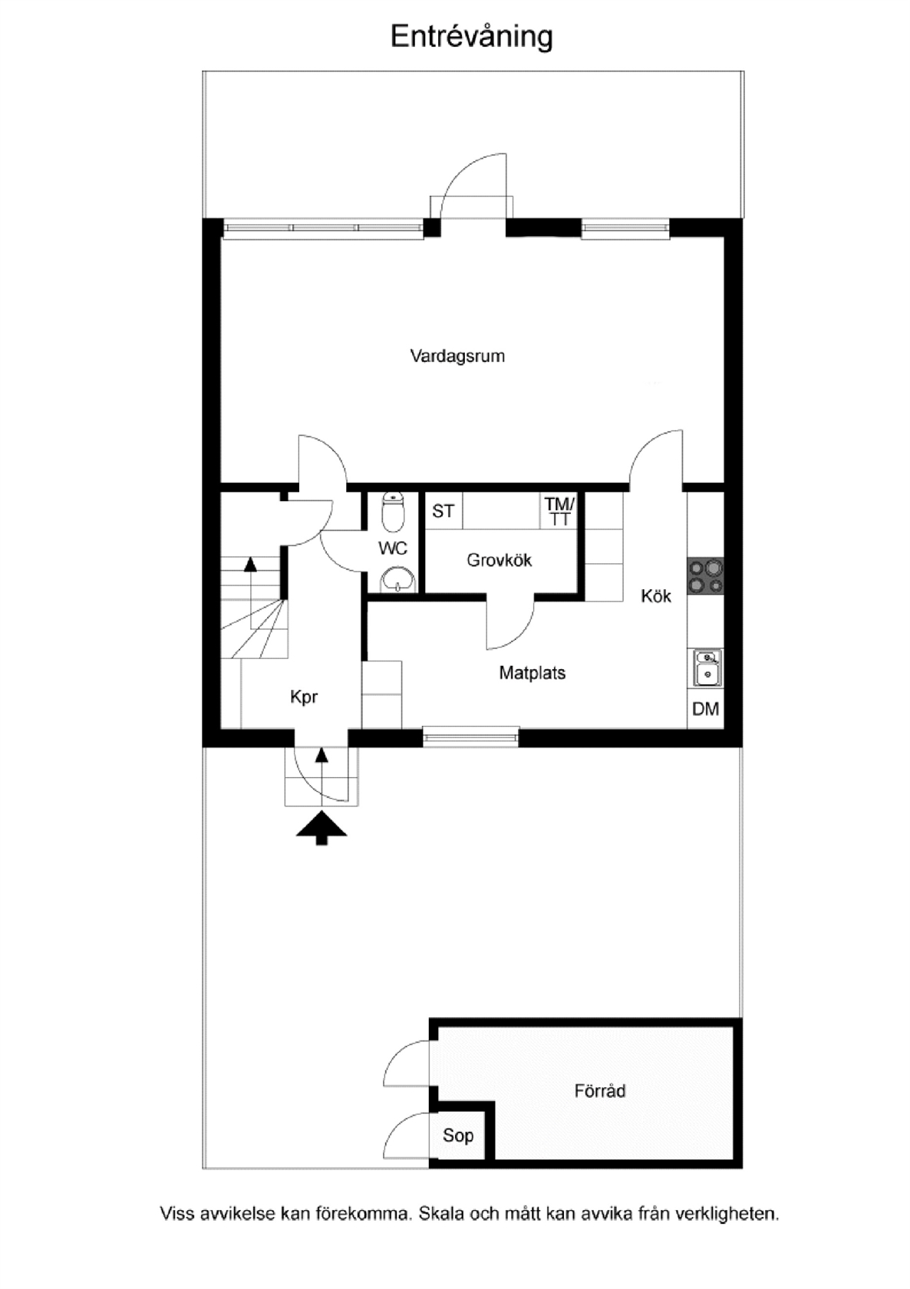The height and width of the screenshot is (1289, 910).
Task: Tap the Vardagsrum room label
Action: [x=457, y=356]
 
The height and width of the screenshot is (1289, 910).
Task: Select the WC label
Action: [x=393, y=549]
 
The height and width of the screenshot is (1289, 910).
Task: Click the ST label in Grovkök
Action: [x=443, y=511]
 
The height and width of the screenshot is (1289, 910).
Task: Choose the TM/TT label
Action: [x=559, y=512]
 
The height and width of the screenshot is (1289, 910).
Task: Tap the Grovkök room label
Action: [x=499, y=560]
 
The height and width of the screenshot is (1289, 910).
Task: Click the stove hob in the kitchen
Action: [x=706, y=576]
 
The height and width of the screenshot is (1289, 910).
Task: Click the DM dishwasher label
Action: [x=706, y=709]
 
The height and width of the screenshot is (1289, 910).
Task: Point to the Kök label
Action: [x=656, y=595]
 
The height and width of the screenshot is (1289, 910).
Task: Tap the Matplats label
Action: [x=532, y=673]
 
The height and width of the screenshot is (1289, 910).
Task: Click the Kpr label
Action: [x=304, y=697]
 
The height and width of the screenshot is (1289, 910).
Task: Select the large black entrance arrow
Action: [x=321, y=828]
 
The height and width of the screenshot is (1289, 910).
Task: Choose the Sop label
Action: [x=458, y=1136]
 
